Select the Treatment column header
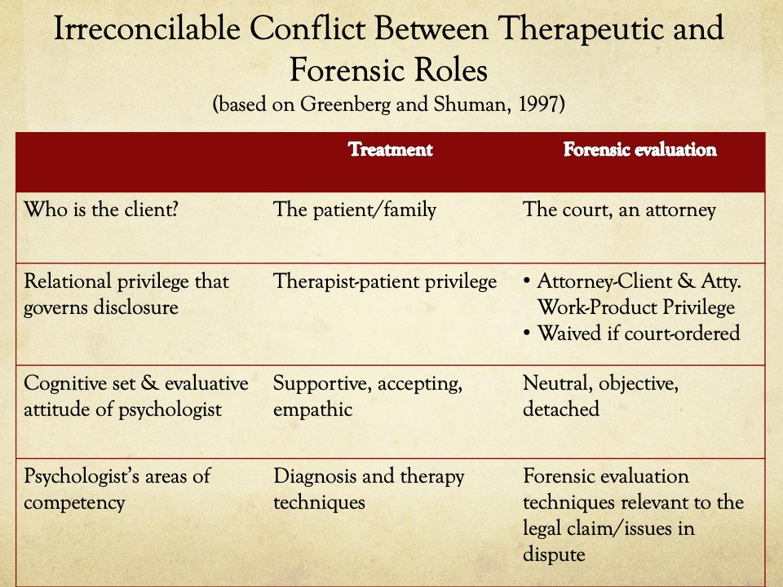click(391, 149)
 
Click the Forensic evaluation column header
click(639, 149)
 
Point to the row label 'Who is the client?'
click(101, 210)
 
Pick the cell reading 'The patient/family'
click(355, 210)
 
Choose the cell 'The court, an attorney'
click(619, 210)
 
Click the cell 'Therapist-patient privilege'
click(385, 282)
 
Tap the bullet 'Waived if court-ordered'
click(639, 333)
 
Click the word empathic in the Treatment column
click(312, 410)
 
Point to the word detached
click(561, 408)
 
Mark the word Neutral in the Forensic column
click(558, 384)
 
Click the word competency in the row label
click(74, 503)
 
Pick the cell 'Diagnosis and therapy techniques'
click(369, 489)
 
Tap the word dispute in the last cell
click(554, 554)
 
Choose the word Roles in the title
click(450, 70)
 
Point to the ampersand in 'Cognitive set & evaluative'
click(149, 384)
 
